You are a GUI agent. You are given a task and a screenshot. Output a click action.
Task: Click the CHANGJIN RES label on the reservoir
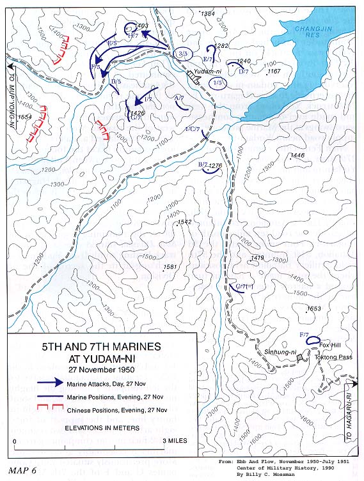click(x=312, y=33)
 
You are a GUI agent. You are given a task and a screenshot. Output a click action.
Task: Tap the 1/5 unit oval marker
click(x=219, y=83)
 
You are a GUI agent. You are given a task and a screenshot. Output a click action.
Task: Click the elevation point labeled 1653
click(x=313, y=309)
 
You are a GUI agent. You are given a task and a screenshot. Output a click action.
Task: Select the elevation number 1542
click(x=185, y=222)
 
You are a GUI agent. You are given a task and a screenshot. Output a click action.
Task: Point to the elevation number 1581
click(x=170, y=267)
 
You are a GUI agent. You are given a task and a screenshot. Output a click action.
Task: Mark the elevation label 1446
click(x=297, y=156)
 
